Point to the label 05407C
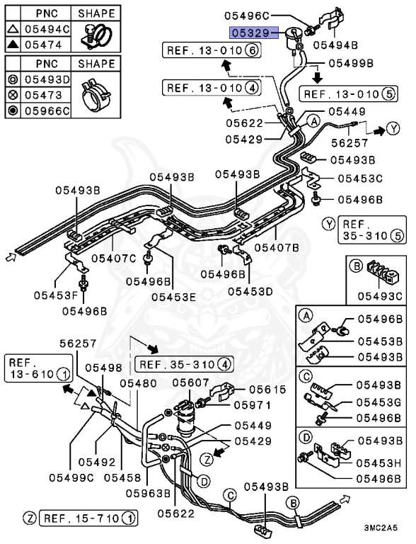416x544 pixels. point(113,258)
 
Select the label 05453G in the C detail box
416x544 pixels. point(378,403)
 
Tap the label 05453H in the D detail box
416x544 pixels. point(378,464)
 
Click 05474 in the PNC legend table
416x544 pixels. point(47,43)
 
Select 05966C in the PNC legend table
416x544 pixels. point(47,110)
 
